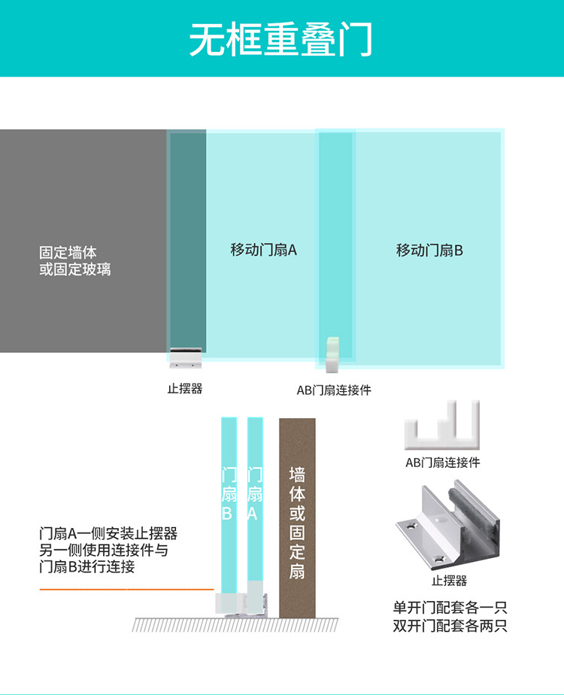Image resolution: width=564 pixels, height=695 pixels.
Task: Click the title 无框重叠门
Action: click(281, 39)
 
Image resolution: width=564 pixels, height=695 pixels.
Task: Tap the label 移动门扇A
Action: click(263, 250)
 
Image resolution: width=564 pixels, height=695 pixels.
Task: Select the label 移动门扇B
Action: click(429, 250)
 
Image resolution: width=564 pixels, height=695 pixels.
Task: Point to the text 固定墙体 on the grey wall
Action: click(68, 253)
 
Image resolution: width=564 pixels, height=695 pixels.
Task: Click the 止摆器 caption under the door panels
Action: click(184, 389)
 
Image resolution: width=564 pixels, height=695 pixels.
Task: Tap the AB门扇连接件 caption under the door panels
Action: click(334, 390)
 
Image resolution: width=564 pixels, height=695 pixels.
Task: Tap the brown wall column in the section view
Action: click(297, 519)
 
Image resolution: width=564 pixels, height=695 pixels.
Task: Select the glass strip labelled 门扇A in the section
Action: click(254, 496)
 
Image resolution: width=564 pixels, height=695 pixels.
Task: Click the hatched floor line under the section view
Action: click(235, 624)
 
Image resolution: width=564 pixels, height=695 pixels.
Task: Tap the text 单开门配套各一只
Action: click(450, 607)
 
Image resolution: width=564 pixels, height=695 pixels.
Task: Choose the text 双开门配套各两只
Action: click(450, 625)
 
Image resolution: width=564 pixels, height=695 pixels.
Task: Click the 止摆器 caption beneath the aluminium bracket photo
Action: click(449, 581)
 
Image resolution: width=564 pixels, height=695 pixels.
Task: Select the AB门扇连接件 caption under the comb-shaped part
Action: click(443, 463)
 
